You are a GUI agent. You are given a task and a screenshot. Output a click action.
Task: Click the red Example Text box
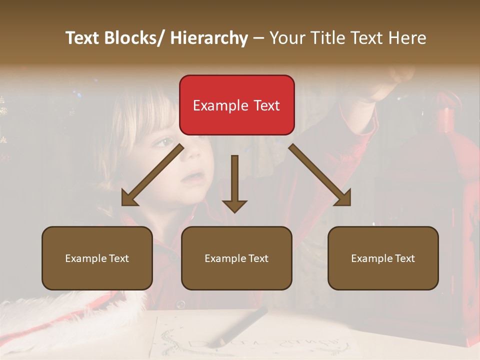coord(236,105)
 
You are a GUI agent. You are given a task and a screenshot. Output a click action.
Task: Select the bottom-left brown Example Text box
coord(97,258)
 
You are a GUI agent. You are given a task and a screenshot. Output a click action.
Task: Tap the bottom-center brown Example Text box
coord(236,258)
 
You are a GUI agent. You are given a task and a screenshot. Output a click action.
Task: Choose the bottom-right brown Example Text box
coord(383,258)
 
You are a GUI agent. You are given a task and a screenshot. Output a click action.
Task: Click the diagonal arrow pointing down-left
coord(152,175)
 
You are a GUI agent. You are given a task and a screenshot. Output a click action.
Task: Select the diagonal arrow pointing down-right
coord(320,175)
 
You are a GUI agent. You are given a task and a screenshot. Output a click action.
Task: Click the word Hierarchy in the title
coord(208,38)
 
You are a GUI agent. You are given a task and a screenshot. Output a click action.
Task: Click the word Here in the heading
coord(407,38)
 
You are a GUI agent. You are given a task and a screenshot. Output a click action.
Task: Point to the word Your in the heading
coord(285,38)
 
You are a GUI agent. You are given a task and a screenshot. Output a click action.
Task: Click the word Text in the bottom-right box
coord(405,258)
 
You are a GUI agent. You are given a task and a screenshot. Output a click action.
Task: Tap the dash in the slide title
coord(258,38)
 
